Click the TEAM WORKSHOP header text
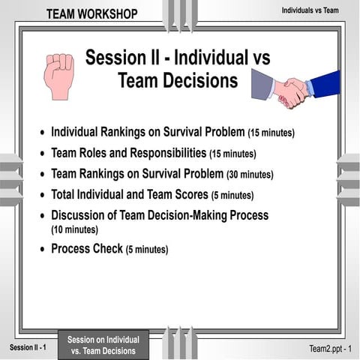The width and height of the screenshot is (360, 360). coord(91,14)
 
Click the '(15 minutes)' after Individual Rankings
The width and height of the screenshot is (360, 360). coord(271,133)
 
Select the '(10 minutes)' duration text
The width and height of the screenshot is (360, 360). coord(74,229)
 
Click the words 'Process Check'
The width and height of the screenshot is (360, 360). coord(86,248)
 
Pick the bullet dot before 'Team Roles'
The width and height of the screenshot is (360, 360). coord(42,154)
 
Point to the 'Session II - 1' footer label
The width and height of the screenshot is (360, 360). coord(28,347)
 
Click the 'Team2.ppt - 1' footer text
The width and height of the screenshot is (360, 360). coord(330,349)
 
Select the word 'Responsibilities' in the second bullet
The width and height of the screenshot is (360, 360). coord(163,153)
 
